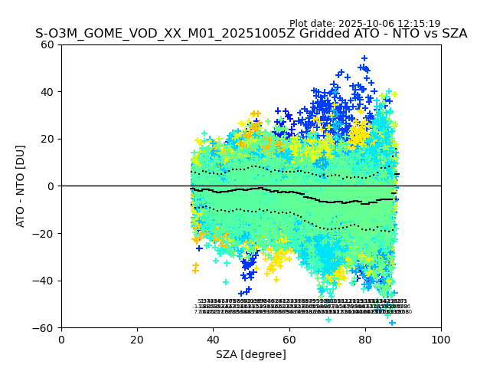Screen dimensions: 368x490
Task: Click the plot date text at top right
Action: point(364,24)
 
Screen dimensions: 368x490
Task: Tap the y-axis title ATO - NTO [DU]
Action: point(21,186)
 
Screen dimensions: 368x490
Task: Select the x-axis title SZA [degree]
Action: point(251,354)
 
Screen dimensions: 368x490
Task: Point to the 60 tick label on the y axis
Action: point(47,44)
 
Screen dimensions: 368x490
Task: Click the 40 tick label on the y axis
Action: point(47,92)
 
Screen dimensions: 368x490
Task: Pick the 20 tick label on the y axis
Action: point(47,139)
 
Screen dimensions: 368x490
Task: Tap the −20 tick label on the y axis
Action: point(44,234)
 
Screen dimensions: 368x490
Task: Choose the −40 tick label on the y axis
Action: point(44,281)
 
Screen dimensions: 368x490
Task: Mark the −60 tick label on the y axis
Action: point(44,328)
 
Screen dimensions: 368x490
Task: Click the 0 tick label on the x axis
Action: point(61,340)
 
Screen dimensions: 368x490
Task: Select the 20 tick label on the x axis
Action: point(137,340)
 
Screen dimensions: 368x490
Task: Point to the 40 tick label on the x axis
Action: point(213,340)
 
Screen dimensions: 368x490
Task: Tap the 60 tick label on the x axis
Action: point(289,340)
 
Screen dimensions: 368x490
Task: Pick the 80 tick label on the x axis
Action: point(365,340)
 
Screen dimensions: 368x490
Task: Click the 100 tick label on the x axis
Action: point(441,340)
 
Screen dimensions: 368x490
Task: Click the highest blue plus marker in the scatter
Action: point(364,58)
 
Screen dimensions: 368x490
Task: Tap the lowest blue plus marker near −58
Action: point(392,323)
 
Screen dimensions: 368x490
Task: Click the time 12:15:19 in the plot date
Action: point(418,24)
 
